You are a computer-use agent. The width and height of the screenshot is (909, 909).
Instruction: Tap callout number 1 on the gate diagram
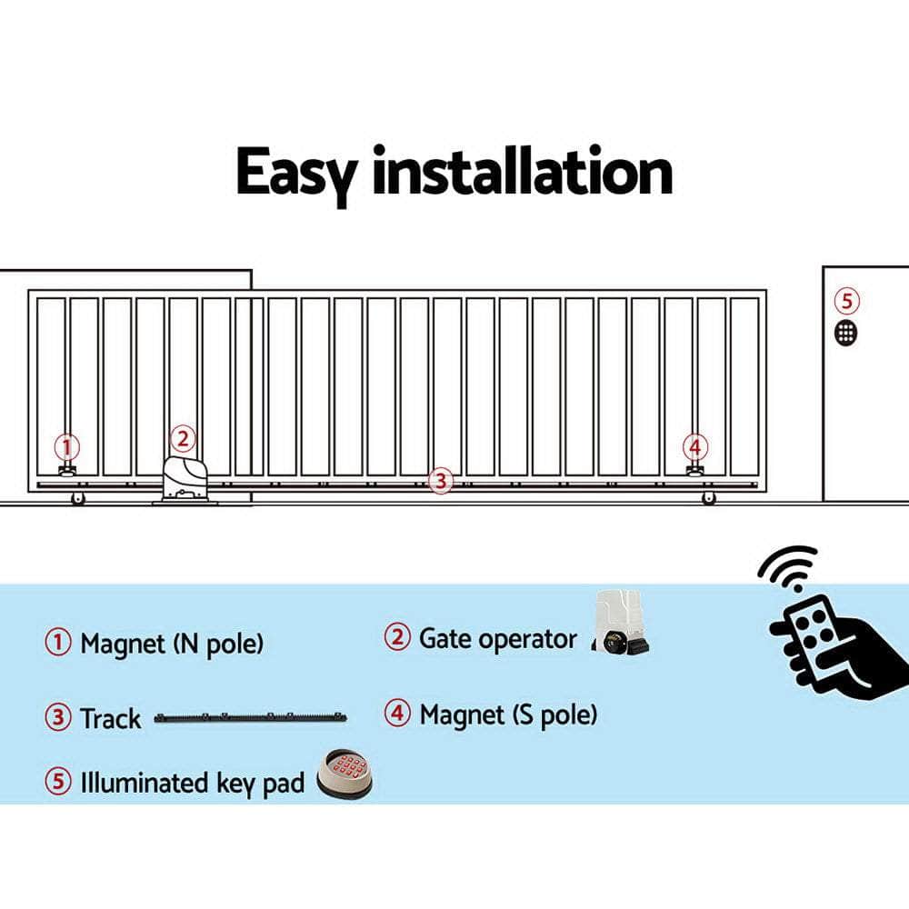click(x=65, y=447)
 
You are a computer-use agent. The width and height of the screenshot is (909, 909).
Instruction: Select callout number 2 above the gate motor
click(x=183, y=439)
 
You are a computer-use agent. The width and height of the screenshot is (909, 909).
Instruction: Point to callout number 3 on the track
click(x=440, y=481)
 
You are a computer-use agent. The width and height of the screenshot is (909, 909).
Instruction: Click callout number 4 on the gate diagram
click(x=695, y=447)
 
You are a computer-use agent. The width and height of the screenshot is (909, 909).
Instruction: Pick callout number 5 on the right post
click(x=846, y=301)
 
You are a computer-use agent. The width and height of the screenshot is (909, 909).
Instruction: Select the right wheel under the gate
click(x=708, y=498)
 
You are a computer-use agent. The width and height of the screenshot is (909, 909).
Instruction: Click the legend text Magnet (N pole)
click(x=172, y=644)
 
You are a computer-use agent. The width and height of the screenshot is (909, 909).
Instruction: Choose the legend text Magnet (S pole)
click(x=508, y=714)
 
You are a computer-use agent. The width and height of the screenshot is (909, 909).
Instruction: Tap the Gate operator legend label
click(x=497, y=638)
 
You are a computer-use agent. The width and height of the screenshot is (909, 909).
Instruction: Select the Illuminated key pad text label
click(x=192, y=783)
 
